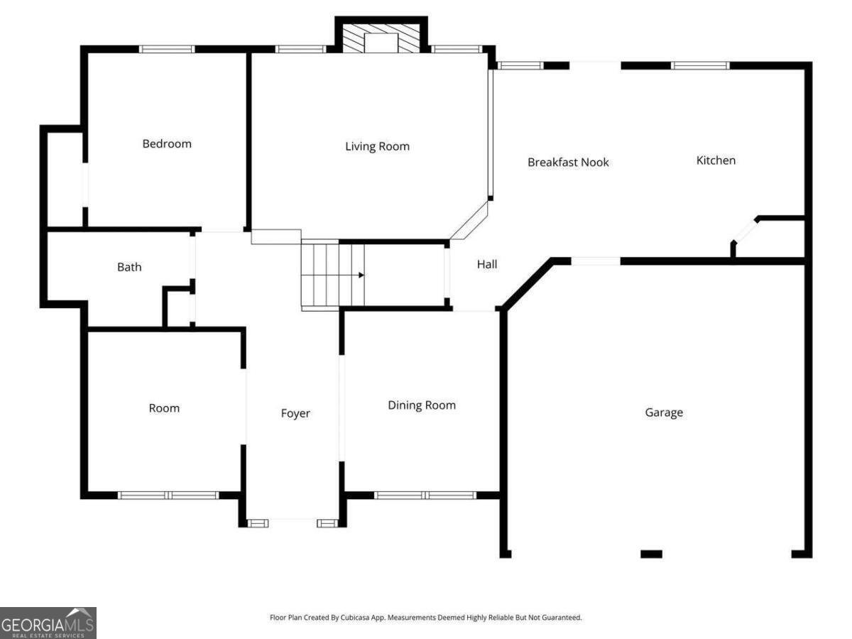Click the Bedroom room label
(x=167, y=144)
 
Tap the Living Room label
(x=377, y=147)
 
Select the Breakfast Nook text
(x=568, y=163)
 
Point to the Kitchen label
(x=715, y=160)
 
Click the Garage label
(x=664, y=413)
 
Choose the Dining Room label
(x=422, y=405)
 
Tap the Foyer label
(x=295, y=413)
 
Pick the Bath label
(x=129, y=267)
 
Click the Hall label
(x=487, y=264)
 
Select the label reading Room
(x=164, y=408)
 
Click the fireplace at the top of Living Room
(x=381, y=40)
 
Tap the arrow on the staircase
(x=361, y=275)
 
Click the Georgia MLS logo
(x=48, y=623)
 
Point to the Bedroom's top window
(x=167, y=49)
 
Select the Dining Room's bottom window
(x=425, y=495)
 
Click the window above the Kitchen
(x=700, y=65)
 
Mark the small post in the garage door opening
(x=651, y=554)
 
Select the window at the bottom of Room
(x=168, y=495)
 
